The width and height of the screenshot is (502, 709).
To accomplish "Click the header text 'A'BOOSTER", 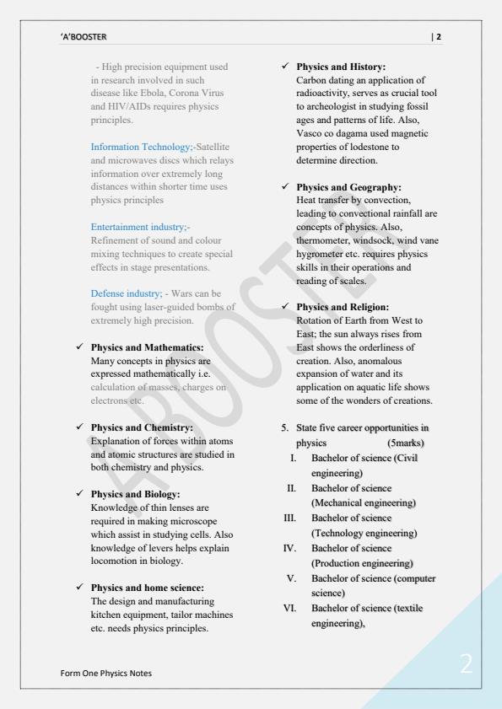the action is (84, 37).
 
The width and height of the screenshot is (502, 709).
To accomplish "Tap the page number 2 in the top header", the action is (437, 37).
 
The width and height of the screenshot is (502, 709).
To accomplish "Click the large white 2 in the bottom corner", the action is (466, 663).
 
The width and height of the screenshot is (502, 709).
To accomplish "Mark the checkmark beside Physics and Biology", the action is (78, 494).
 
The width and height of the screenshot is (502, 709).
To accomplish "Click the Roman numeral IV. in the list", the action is (288, 548).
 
